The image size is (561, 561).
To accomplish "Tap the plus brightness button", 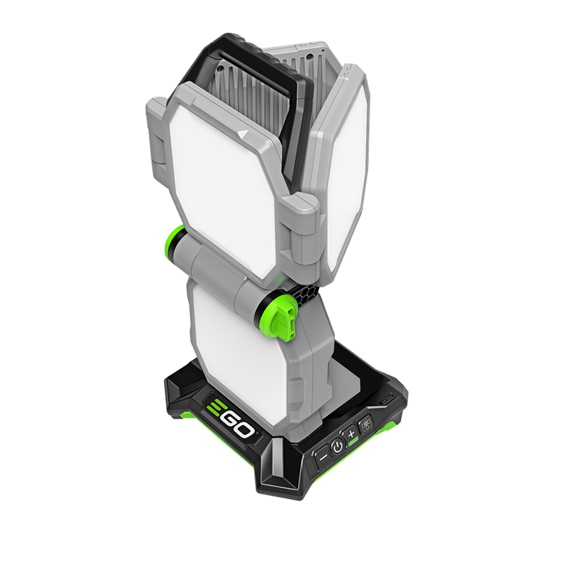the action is (351, 434).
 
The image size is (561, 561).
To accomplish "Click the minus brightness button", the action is (323, 457).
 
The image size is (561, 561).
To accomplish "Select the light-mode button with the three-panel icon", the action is (365, 425).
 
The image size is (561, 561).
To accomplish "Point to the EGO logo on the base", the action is (231, 418).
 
